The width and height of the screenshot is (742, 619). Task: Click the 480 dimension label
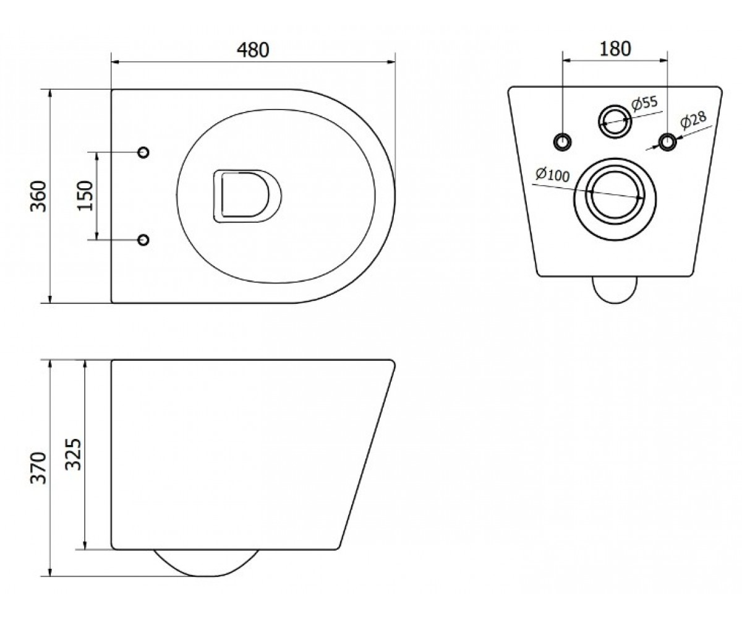(x=253, y=50)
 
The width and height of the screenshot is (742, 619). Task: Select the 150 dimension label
(x=85, y=196)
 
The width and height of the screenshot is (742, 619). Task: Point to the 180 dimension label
(x=615, y=49)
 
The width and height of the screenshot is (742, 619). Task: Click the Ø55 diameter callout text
(x=645, y=103)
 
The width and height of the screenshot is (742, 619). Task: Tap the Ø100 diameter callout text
(x=552, y=175)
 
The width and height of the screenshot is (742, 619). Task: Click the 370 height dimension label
(x=38, y=468)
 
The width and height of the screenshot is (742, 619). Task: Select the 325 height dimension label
(x=74, y=454)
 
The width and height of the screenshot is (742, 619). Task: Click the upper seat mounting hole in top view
(x=143, y=152)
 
